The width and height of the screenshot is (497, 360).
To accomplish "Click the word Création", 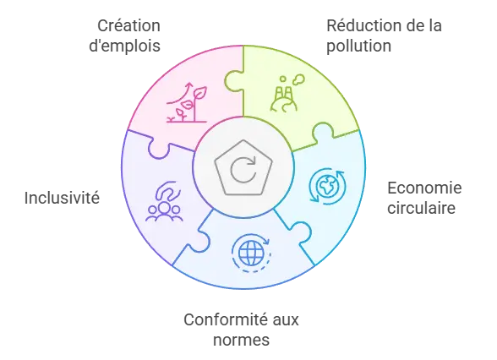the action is (128, 25).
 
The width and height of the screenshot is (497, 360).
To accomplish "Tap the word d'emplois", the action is (124, 46).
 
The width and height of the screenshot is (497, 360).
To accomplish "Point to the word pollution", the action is (358, 46).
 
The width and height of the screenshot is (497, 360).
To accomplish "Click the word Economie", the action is (424, 188).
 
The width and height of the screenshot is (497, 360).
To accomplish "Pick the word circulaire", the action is (421, 208).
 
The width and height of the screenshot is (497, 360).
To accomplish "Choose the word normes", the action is (241, 341).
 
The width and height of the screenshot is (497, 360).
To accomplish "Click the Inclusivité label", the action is (62, 198).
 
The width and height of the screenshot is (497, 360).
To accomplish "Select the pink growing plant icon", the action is (187, 102).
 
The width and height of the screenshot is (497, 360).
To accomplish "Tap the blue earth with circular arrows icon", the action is (327, 186).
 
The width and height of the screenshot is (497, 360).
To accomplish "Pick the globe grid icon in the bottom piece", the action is (251, 253).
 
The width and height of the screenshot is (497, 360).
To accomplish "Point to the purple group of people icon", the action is (164, 211).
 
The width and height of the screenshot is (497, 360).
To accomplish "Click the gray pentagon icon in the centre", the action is (243, 167).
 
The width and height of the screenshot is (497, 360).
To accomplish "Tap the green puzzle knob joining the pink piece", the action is (233, 81).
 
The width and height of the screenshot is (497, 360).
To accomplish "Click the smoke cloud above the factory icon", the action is (298, 79).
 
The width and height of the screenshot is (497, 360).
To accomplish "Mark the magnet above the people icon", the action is (167, 190).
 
